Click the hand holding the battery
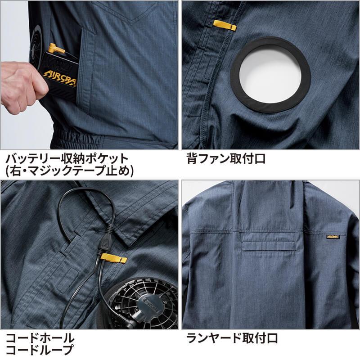(x=22, y=87)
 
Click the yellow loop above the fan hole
(x=225, y=26)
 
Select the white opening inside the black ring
(x=270, y=75)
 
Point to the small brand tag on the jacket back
(x=333, y=237)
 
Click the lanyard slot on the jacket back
(x=269, y=246)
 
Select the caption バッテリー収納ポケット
(x=67, y=159)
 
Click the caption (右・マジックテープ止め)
(x=69, y=171)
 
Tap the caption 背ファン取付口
(x=226, y=159)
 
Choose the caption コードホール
(x=40, y=338)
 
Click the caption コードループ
(x=40, y=350)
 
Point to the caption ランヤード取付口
(x=232, y=338)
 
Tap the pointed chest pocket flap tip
(x=132, y=24)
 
